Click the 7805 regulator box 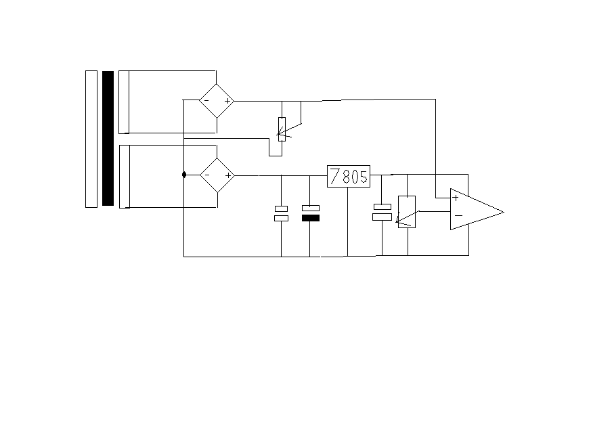[349, 177]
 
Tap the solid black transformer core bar [108, 138]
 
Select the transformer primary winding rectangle [91, 139]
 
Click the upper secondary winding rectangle [124, 102]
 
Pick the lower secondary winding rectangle [125, 177]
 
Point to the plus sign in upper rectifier [227, 101]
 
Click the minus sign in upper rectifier [206, 101]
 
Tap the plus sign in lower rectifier [228, 175]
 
